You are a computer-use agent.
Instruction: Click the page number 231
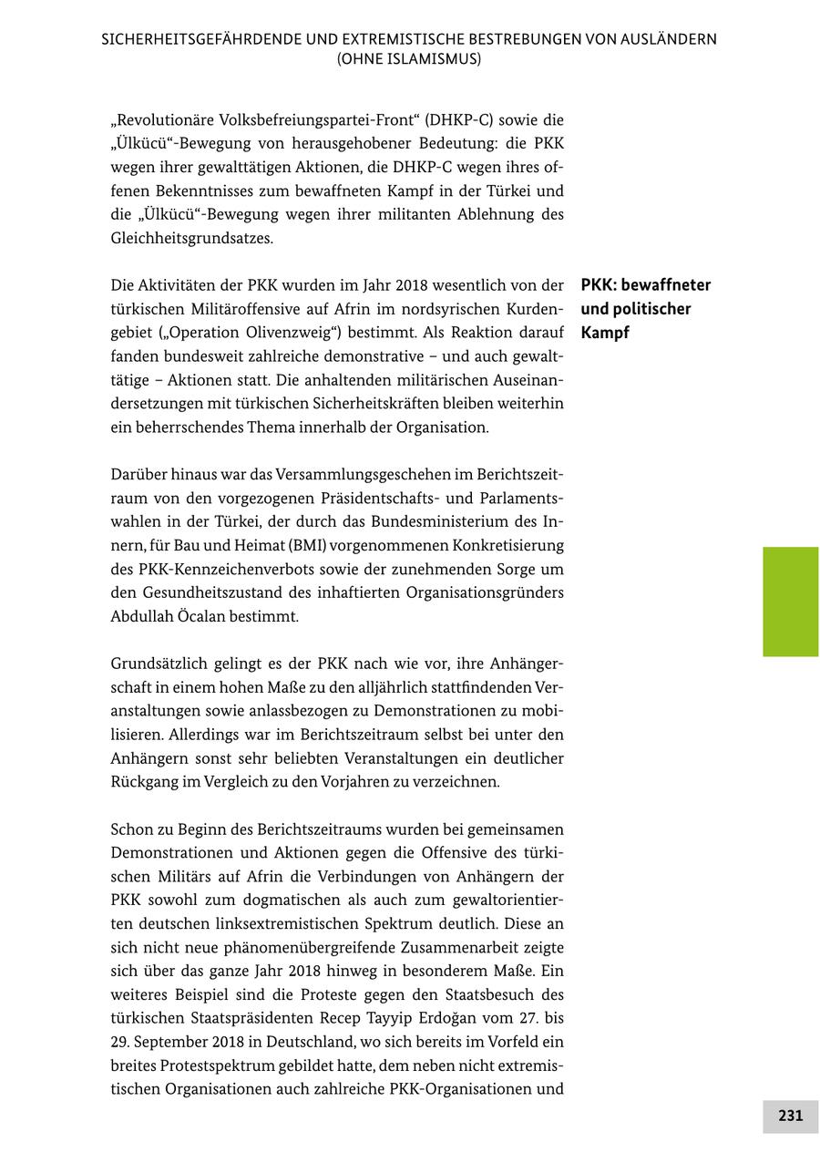coord(790,1116)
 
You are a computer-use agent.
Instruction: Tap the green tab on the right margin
coord(790,602)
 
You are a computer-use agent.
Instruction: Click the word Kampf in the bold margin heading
coord(605,333)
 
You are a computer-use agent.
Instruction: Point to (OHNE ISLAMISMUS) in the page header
coord(409,58)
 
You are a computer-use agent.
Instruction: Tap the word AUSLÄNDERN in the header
coord(668,39)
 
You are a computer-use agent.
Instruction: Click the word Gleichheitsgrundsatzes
coord(191,239)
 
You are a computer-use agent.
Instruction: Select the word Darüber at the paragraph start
coord(138,475)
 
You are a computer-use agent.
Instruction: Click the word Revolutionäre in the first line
coord(165,119)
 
